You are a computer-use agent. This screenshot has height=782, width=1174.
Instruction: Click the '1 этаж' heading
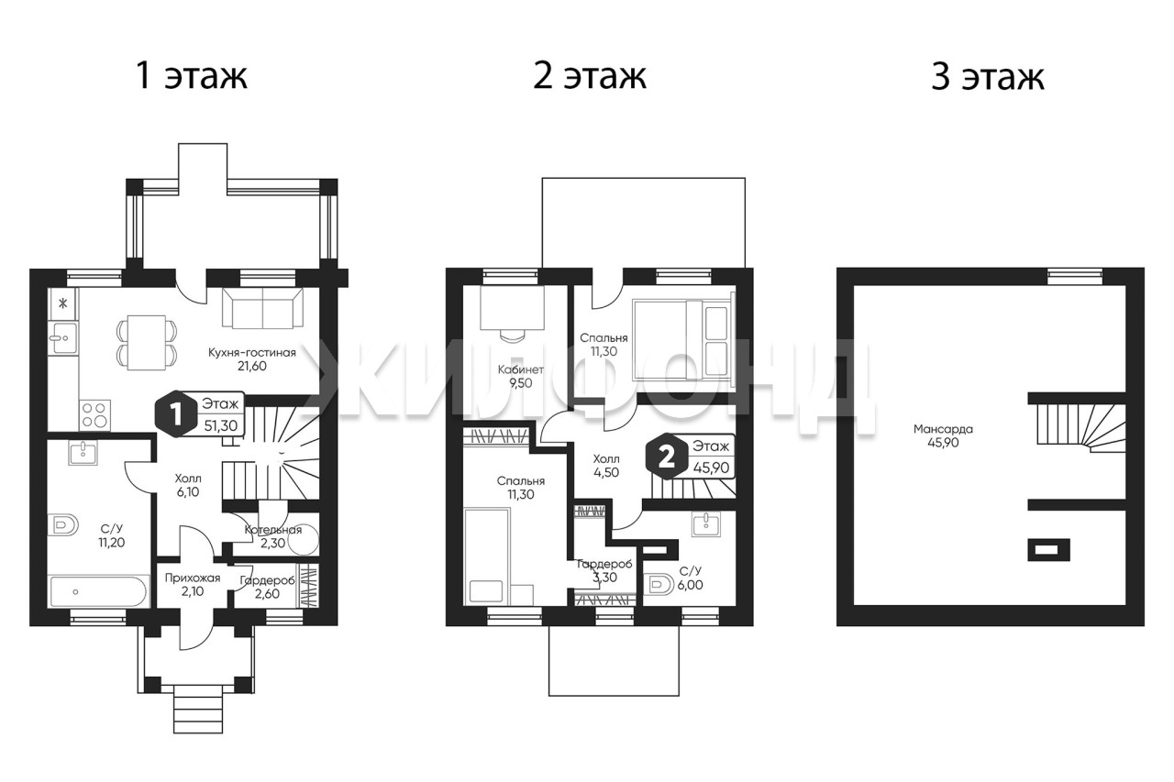tap(192, 76)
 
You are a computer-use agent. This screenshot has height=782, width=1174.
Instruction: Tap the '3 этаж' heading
tap(988, 76)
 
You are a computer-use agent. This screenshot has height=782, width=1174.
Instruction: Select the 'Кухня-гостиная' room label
tap(252, 353)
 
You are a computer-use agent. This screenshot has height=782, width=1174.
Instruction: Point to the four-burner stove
tap(95, 414)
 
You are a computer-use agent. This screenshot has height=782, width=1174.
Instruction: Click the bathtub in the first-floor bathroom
tap(98, 592)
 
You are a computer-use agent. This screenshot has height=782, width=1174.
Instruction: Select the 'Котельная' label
tap(273, 530)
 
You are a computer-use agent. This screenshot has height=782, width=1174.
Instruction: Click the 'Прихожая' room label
tap(193, 578)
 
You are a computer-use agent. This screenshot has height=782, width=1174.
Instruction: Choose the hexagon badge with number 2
tap(666, 457)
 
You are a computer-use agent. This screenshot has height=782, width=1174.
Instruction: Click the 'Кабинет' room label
tap(520, 369)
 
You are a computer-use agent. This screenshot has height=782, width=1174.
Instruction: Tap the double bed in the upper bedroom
tap(683, 339)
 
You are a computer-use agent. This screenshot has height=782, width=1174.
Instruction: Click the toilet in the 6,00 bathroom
tap(659, 585)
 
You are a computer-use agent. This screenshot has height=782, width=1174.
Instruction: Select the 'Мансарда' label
tap(943, 429)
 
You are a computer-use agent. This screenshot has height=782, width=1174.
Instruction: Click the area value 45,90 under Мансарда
tap(943, 443)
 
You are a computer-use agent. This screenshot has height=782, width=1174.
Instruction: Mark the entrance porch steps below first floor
tap(199, 713)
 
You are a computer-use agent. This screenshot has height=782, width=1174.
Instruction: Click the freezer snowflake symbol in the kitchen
tap(63, 303)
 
